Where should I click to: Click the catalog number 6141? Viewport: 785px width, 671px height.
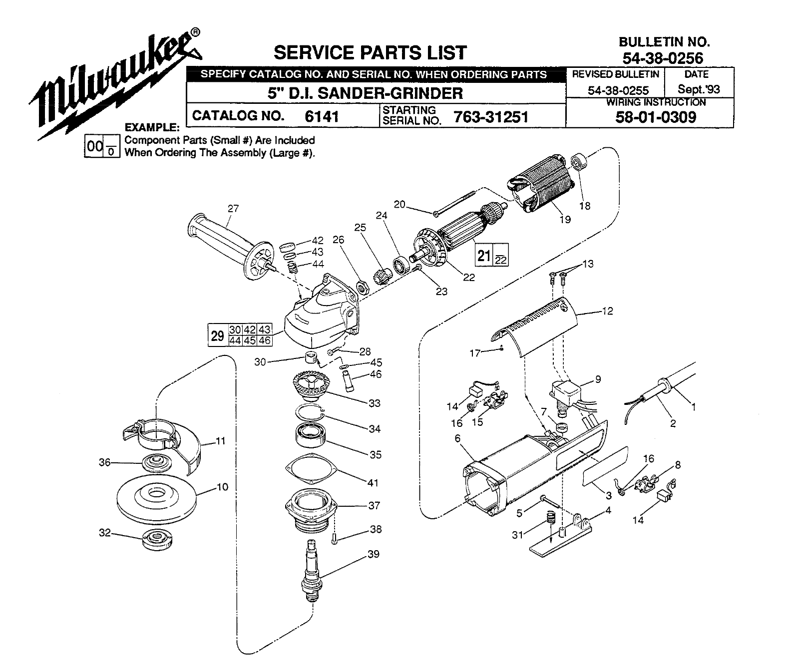321,116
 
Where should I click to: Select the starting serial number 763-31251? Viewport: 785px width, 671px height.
491,117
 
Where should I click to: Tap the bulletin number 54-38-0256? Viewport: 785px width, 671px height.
663,58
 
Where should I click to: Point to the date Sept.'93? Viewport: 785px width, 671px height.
699,89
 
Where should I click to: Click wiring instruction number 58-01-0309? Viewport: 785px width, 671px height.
656,117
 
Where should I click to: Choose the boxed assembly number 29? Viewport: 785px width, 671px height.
217,335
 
